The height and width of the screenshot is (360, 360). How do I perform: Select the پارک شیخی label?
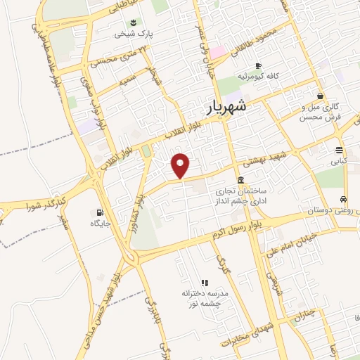(x=134, y=33)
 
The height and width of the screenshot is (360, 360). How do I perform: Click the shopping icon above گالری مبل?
(x=320, y=96)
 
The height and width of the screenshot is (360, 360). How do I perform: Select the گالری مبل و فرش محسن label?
(x=320, y=112)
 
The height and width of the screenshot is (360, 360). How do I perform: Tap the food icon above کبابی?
(x=340, y=150)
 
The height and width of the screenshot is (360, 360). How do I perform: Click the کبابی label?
(x=339, y=161)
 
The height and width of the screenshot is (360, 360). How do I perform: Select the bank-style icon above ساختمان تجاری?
(x=240, y=179)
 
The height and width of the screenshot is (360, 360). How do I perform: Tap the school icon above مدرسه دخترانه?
(x=205, y=282)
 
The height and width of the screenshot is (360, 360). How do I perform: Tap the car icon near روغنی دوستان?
(x=343, y=199)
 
